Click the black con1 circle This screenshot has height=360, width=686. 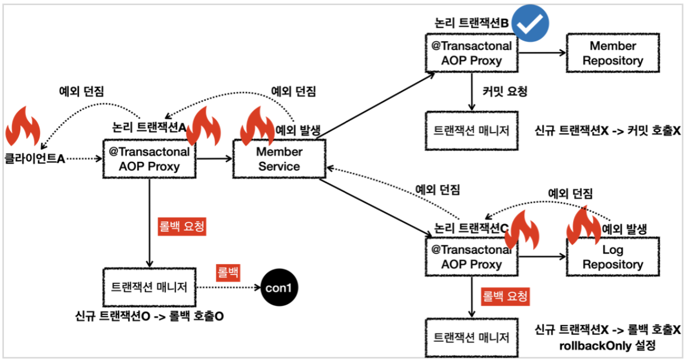click(279, 287)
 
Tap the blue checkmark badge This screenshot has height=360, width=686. click(530, 23)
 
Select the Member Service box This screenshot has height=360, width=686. click(279, 159)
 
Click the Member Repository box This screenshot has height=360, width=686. click(613, 53)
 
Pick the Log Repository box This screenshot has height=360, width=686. click(613, 257)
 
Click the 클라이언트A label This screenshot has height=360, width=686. click(34, 159)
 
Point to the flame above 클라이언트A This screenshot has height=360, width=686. click(23, 126)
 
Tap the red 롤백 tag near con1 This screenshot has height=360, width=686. click(228, 273)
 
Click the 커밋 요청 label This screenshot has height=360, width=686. click(505, 91)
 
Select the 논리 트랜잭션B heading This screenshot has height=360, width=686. click(472, 23)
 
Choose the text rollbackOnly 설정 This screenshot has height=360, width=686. click(607, 346)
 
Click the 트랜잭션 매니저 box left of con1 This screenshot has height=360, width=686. click(149, 287)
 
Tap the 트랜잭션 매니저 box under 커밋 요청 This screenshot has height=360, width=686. click(472, 131)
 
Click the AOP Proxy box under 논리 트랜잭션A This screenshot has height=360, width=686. click(149, 159)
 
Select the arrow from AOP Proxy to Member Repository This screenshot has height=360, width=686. click(542, 52)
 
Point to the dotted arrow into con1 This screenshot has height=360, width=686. click(228, 287)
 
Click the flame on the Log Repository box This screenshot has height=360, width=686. click(584, 226)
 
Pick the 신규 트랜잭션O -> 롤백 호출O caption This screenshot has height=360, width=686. click(149, 316)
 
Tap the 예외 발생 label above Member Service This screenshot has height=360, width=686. click(298, 130)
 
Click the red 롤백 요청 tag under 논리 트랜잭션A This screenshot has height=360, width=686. click(182, 226)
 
